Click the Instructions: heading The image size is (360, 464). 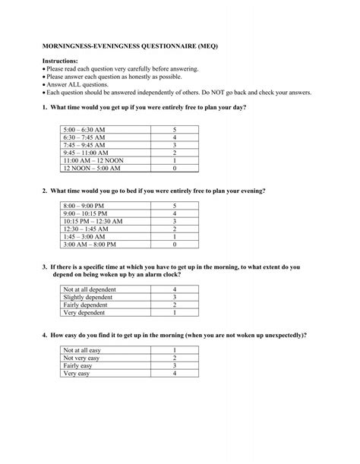(62, 60)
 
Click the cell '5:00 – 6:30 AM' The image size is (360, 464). (86, 130)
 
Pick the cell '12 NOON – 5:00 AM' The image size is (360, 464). (92, 169)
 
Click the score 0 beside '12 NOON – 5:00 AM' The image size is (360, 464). (175, 169)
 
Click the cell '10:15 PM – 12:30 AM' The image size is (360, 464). (94, 221)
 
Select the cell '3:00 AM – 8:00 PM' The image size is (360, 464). (90, 245)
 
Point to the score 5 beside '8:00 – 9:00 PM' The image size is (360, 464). (175, 206)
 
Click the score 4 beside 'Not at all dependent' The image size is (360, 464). (175, 290)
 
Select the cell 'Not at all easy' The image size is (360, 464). (84, 350)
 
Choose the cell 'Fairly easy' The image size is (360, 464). (79, 365)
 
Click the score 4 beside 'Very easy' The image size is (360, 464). (175, 374)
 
